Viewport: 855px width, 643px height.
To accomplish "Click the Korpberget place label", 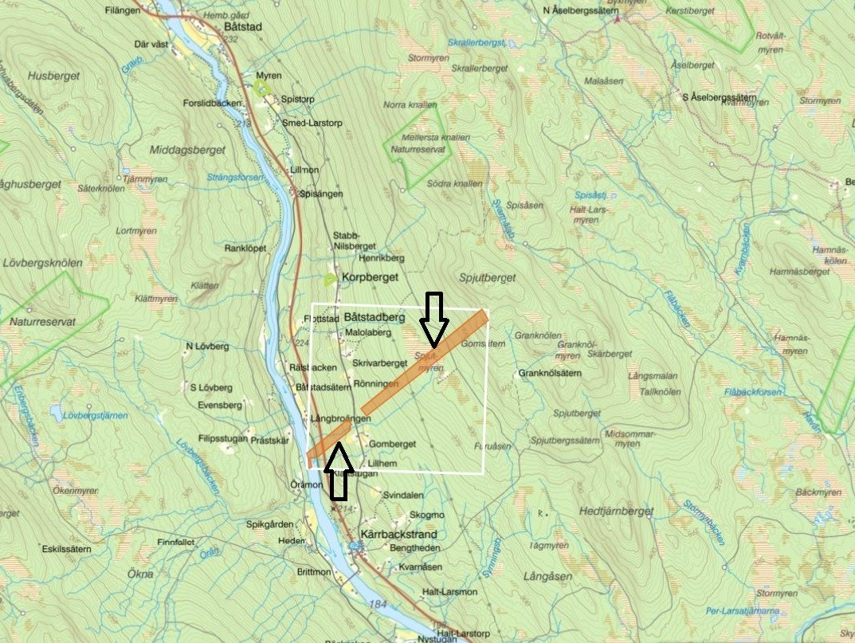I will [x=368, y=279].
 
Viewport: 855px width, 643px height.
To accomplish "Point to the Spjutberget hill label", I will [x=488, y=277].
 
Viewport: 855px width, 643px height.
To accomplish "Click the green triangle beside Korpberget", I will [x=329, y=279].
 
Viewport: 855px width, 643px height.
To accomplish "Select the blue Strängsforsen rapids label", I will [x=235, y=177].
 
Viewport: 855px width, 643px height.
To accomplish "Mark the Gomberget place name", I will [x=393, y=443].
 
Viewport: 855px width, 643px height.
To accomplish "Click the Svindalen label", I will [x=402, y=494].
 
